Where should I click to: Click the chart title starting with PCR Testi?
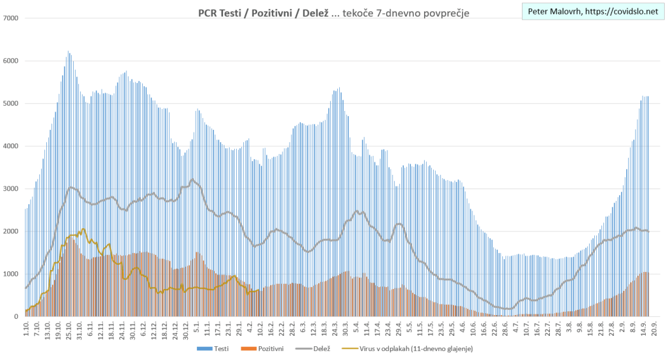tap(333, 13)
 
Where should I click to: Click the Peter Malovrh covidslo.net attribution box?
tap(592, 12)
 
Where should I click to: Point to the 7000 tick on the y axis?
tap(11, 18)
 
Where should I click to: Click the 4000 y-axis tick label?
tap(11, 146)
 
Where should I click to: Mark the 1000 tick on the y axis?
tap(11, 274)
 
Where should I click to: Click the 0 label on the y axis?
tap(16, 317)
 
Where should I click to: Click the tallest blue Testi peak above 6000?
tap(68, 52)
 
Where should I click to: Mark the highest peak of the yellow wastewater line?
tap(83, 229)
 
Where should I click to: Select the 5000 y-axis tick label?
tap(11, 104)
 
